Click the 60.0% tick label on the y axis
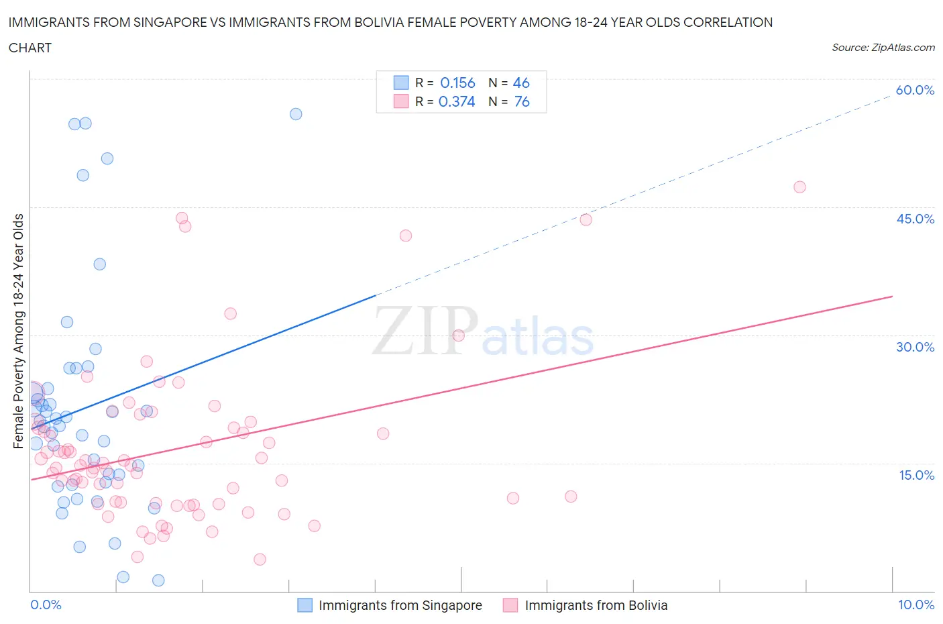[x=915, y=90]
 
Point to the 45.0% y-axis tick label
[x=915, y=219]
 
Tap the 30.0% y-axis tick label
[x=915, y=347]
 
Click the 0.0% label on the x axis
[x=46, y=605]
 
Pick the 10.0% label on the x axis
[x=916, y=605]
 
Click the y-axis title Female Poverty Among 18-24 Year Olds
[x=18, y=331]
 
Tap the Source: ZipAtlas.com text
[x=883, y=48]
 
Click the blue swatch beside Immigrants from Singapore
[x=304, y=605]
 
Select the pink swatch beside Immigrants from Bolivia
[x=510, y=605]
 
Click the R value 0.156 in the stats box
[x=457, y=83]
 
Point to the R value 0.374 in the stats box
[x=457, y=101]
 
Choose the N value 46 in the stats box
[x=521, y=83]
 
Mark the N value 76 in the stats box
[x=521, y=101]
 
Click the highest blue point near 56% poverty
[x=296, y=114]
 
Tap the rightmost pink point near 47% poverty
[x=799, y=187]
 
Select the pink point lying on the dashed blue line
[x=586, y=219]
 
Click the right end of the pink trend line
[x=892, y=296]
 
